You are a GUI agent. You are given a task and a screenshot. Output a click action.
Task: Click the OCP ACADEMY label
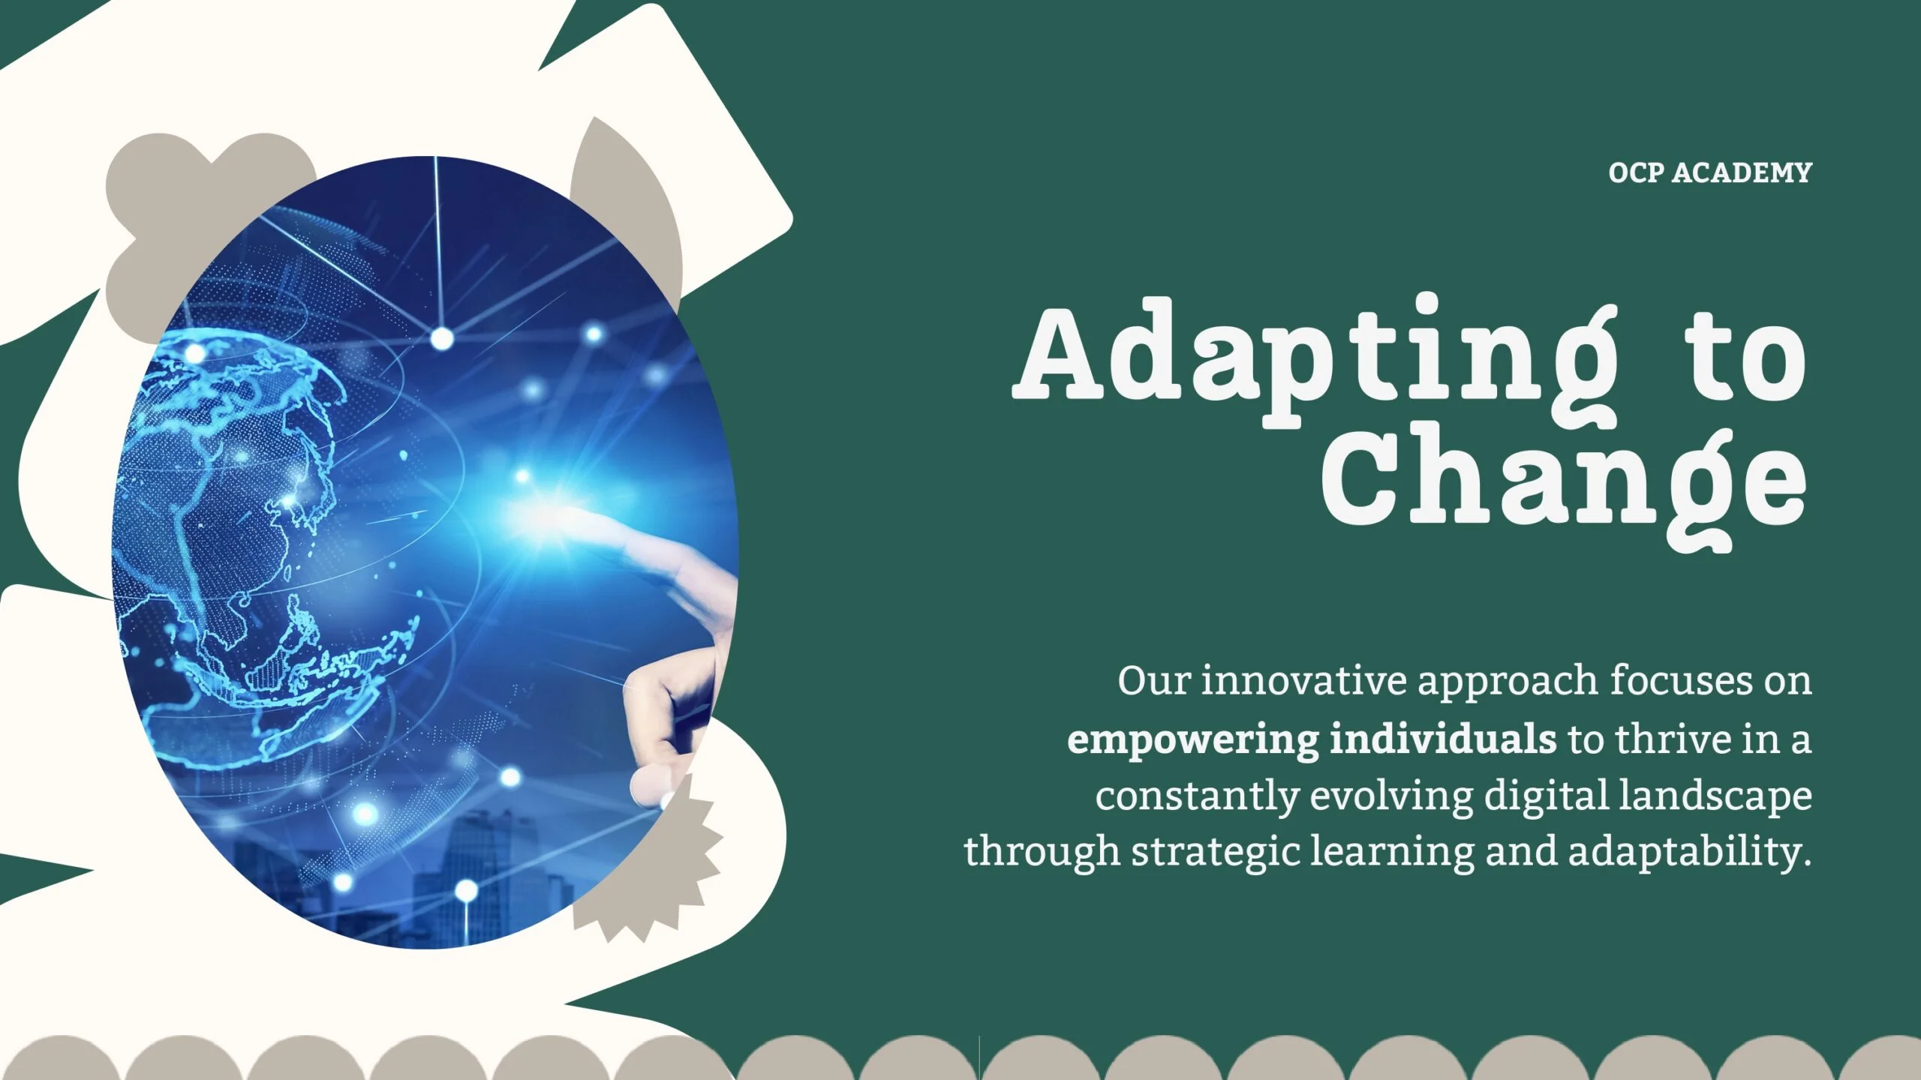click(1710, 173)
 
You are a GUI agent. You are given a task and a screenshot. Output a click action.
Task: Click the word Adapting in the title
click(1315, 360)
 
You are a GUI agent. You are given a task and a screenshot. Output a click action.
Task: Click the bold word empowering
click(1192, 739)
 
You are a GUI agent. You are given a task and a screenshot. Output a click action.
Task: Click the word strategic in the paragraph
click(1216, 853)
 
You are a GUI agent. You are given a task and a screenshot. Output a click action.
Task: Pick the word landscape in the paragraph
click(1715, 796)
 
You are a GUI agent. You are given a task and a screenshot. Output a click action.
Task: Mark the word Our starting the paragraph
click(1153, 681)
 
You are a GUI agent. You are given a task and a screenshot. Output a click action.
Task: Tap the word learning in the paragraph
click(1392, 853)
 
